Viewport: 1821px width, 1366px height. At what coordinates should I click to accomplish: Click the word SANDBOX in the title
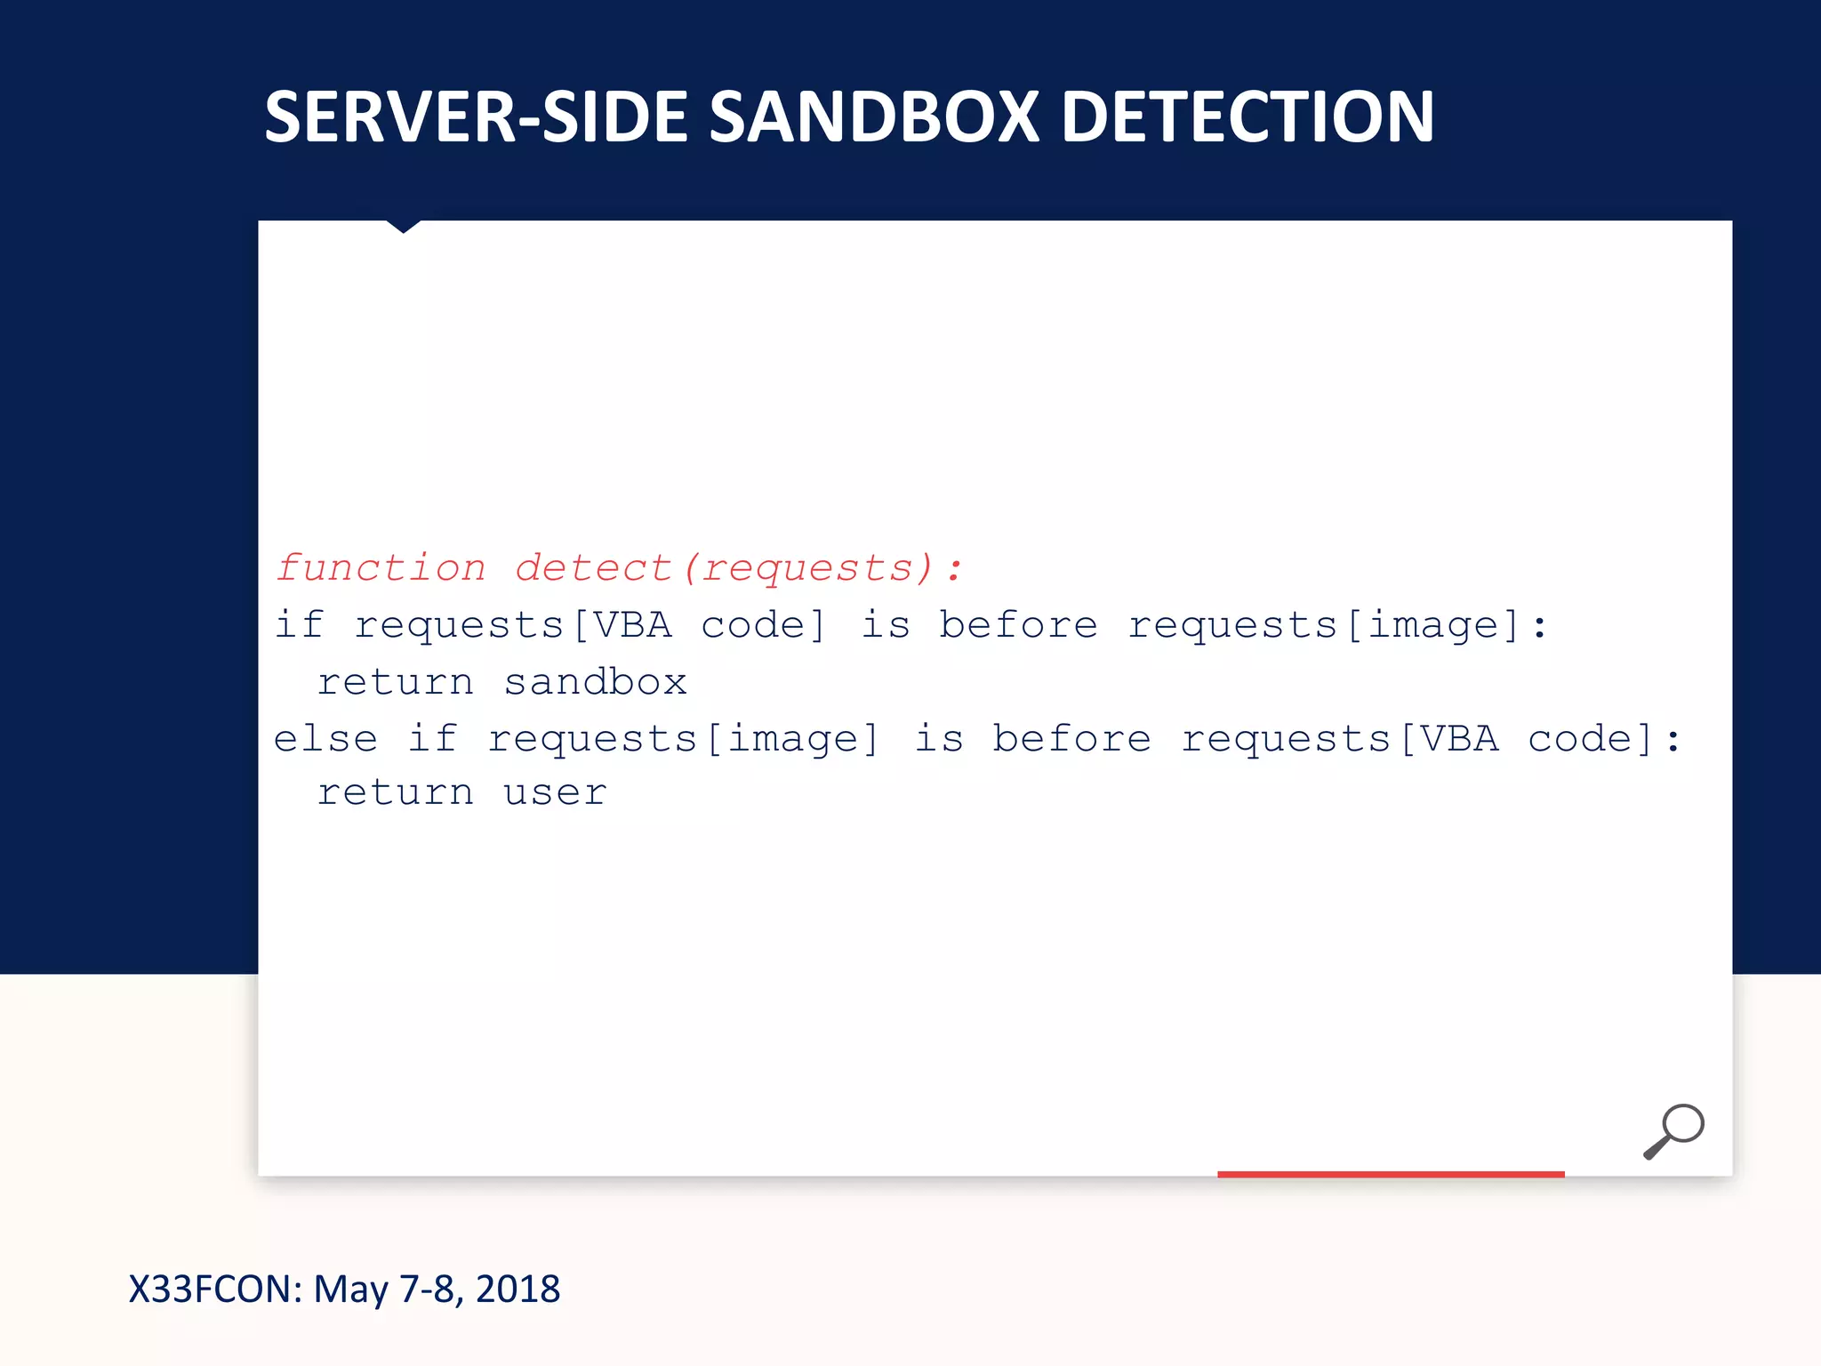(874, 117)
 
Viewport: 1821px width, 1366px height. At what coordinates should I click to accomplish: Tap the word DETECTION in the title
(1247, 117)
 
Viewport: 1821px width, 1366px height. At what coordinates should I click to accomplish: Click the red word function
(381, 568)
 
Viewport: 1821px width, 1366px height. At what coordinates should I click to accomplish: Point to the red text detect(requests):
(739, 568)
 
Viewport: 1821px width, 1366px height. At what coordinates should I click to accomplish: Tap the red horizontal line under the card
(1391, 1174)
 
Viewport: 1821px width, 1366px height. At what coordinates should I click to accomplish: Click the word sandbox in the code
(595, 683)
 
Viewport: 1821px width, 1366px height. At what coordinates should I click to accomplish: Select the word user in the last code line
(555, 793)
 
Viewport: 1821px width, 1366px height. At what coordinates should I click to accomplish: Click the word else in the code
(325, 739)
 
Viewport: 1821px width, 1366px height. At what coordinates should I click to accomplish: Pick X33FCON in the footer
(216, 1290)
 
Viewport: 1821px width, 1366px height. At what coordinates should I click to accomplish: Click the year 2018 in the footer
(517, 1290)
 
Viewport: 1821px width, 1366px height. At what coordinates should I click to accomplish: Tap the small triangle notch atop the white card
(403, 226)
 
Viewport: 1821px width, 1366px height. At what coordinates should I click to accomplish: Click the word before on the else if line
(1071, 739)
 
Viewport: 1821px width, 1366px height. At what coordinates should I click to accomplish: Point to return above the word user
(396, 793)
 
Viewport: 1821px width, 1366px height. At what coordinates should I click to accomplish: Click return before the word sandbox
(396, 683)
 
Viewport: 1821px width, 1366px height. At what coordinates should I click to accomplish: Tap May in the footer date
(350, 1290)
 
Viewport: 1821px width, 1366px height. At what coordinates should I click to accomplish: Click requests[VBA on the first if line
(513, 625)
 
